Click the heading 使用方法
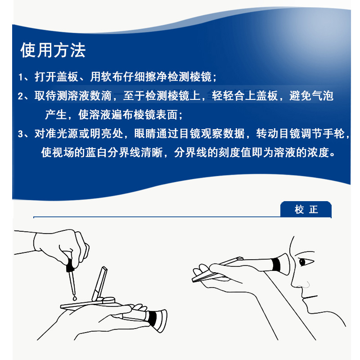point(53,50)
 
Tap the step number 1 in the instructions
point(21,77)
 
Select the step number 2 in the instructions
point(21,97)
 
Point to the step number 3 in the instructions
point(21,134)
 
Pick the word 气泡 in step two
point(323,96)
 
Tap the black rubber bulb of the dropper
point(70,268)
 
